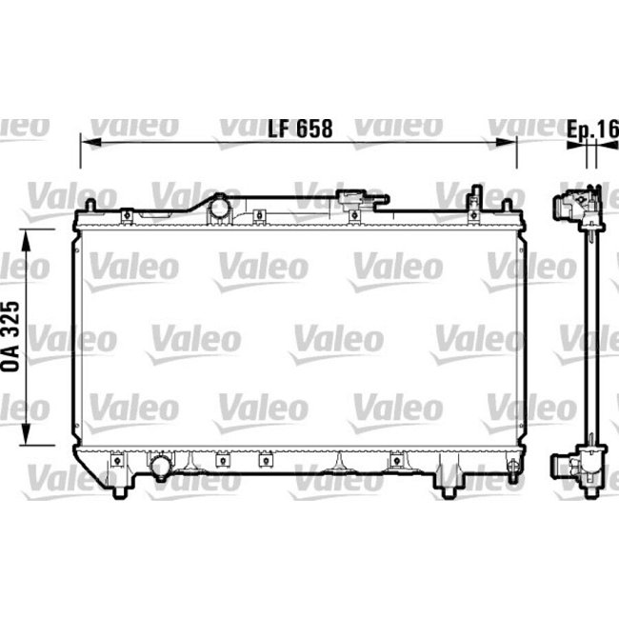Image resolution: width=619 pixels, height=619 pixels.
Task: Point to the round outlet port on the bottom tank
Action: tap(159, 467)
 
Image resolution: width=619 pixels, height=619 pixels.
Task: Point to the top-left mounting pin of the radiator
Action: tap(89, 208)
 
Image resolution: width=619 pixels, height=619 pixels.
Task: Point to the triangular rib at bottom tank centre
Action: tap(337, 464)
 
